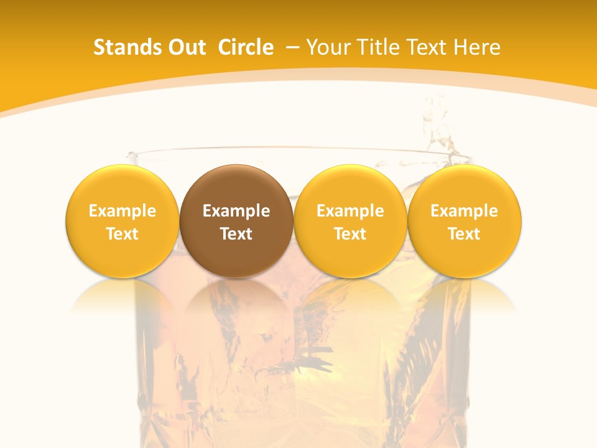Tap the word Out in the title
185,47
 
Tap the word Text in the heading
429,47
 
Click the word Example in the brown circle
236,211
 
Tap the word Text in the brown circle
236,234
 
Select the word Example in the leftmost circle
123,211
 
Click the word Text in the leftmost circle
123,234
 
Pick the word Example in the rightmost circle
464,211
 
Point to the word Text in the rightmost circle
464,234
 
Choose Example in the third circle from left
350,211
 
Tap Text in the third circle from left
350,234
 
